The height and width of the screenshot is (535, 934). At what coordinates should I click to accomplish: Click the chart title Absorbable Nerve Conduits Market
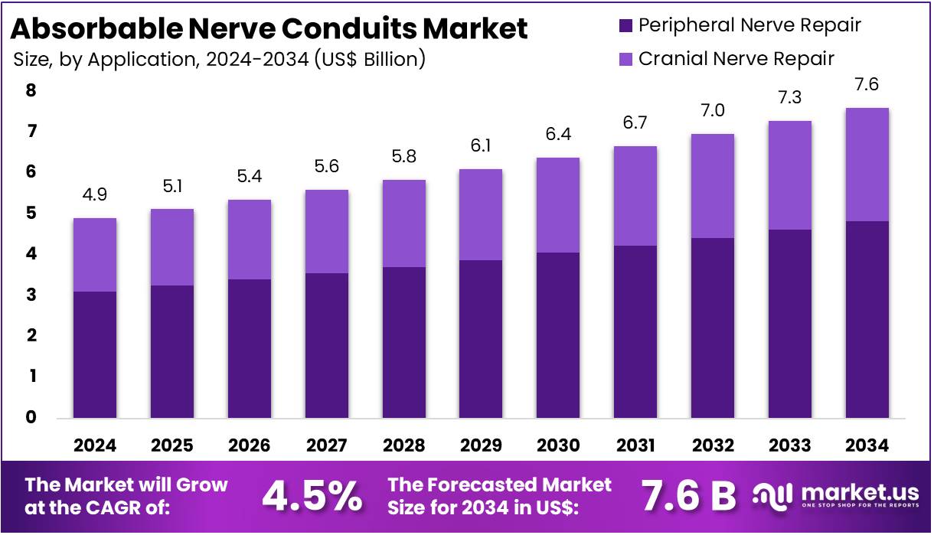tap(269, 28)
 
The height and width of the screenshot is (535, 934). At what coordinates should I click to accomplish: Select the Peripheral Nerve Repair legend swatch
tap(625, 25)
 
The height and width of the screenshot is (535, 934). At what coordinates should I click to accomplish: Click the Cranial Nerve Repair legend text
tap(736, 58)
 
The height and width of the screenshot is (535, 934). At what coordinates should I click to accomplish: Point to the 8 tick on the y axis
tap(31, 91)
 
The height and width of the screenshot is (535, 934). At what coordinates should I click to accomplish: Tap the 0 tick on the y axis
tap(31, 418)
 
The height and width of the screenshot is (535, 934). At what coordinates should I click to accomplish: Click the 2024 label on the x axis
tap(95, 445)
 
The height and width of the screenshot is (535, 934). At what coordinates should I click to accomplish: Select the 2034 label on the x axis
tap(867, 445)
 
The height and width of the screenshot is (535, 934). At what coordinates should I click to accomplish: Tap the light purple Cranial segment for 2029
tap(481, 214)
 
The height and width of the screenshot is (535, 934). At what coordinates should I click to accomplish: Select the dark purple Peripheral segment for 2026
tap(250, 348)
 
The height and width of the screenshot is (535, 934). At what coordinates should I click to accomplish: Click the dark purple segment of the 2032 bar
tap(712, 328)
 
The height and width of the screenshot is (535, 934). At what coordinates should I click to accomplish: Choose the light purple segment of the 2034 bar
tap(867, 165)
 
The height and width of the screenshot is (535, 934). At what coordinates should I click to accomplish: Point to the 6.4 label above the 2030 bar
tap(558, 135)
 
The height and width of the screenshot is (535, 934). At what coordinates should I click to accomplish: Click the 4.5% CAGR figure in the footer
tap(312, 497)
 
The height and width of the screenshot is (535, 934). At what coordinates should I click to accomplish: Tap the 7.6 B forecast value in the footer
tap(687, 497)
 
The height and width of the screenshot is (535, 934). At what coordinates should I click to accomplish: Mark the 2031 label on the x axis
tap(635, 445)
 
